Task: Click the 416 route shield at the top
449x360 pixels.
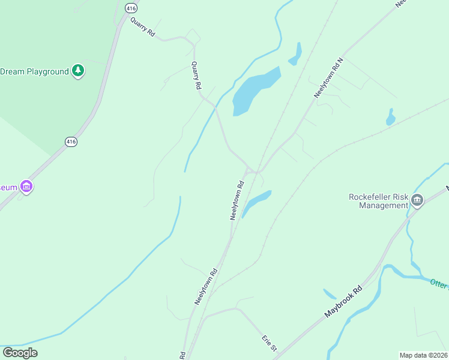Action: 131,8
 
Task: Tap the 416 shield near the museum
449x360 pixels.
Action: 71,142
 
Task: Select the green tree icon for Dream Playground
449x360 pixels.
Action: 78,71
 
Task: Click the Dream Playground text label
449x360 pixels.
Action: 34,71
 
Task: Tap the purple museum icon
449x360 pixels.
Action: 26,187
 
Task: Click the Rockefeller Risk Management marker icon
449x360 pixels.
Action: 417,200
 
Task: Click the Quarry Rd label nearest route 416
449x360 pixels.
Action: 143,27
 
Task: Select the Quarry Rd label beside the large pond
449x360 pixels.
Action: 196,76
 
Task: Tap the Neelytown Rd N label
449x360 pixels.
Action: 328,78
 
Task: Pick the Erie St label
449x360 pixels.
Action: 270,343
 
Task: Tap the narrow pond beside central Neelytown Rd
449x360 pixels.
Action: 256,202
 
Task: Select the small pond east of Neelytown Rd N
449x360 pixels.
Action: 391,118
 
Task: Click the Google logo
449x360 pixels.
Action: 20,353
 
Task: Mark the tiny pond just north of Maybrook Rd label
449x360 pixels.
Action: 330,294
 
